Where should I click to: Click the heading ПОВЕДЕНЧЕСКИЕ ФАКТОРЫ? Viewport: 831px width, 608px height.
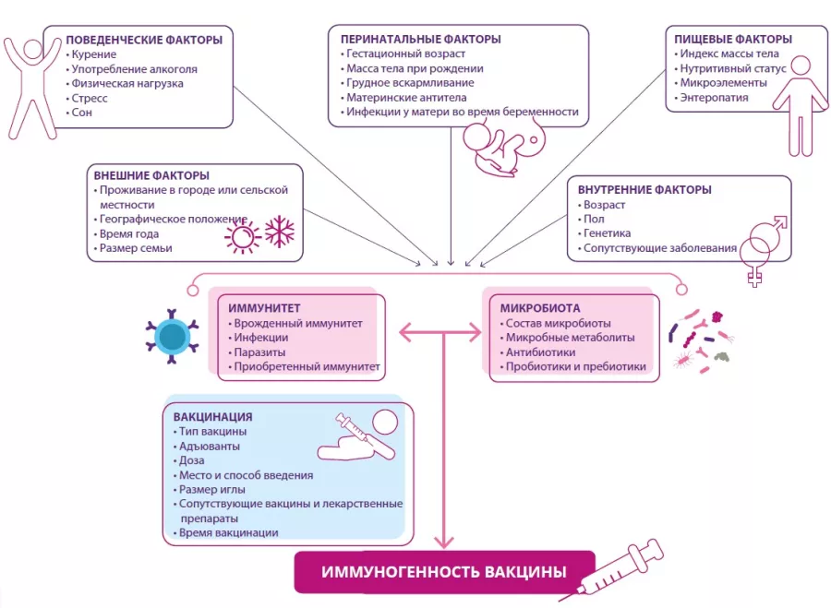(144, 40)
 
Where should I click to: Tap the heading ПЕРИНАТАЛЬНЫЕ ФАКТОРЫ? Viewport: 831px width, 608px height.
(420, 39)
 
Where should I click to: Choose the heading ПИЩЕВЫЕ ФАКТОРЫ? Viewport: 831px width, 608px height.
(733, 39)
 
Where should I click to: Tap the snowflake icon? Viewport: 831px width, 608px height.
(279, 231)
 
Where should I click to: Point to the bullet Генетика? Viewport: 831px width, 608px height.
(607, 233)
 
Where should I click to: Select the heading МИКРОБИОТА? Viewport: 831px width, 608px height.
(540, 308)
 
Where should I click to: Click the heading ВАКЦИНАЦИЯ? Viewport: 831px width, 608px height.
(212, 416)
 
